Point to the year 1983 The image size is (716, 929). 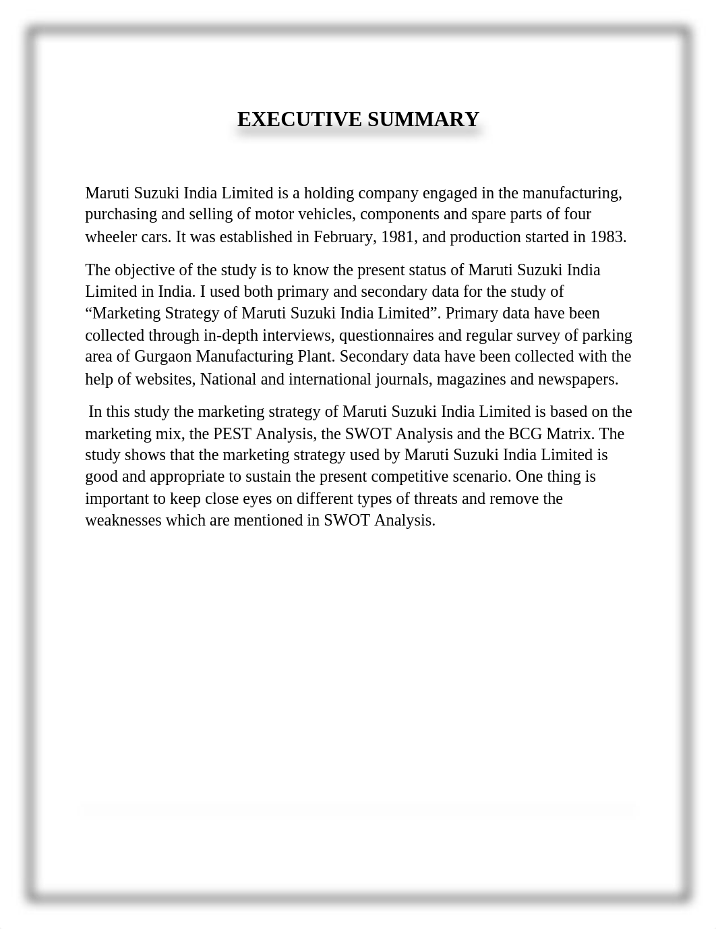607,237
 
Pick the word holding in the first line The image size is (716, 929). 329,193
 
